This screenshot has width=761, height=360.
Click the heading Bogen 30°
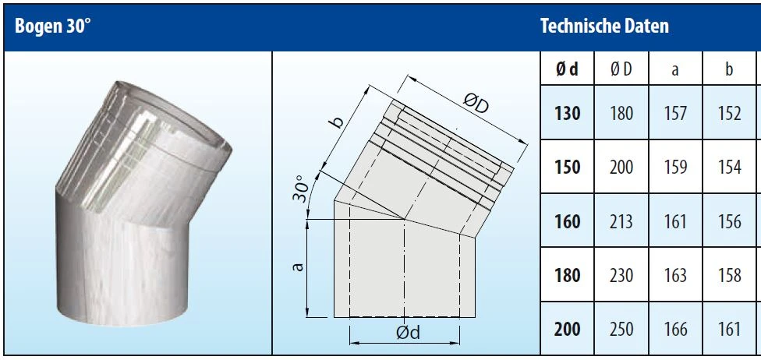coord(53,26)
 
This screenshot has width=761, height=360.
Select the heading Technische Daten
coord(604,26)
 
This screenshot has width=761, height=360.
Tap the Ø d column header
coord(567,69)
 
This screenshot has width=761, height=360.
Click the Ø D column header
coord(621,69)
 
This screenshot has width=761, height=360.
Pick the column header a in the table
coord(675,70)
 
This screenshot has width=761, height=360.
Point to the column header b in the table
coord(729,69)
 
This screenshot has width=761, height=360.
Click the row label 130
coord(568,114)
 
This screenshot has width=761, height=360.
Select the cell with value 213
coord(621,222)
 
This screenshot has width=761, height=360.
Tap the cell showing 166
coord(675,330)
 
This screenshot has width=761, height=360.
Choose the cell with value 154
coord(729,168)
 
